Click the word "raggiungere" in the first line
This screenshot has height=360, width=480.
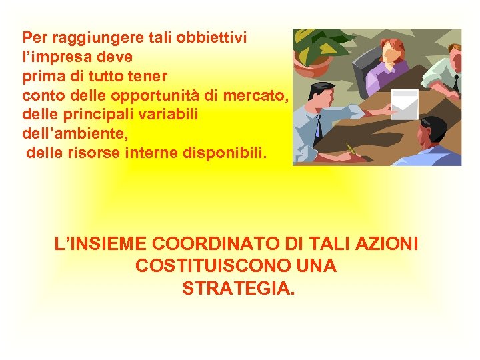click(83, 38)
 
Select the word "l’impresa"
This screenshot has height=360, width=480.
click(55, 56)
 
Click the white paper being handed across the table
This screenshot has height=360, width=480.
click(405, 101)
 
